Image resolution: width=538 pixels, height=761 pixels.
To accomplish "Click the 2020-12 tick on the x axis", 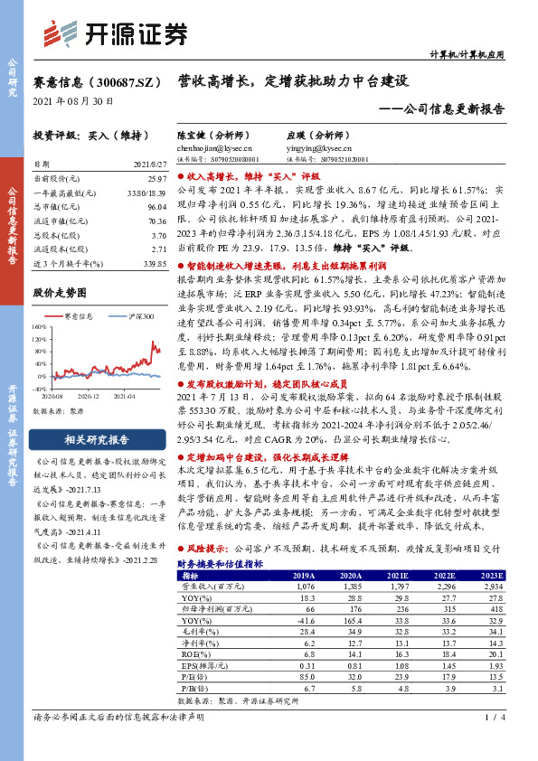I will [x=88, y=396].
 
